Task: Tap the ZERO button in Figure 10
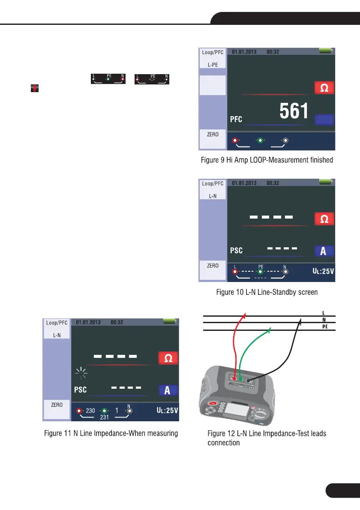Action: click(x=213, y=265)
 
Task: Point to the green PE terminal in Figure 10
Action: click(x=260, y=271)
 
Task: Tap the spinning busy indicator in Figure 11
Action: click(x=81, y=373)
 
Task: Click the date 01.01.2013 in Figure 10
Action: click(x=244, y=183)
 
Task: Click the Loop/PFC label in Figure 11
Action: click(x=57, y=323)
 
